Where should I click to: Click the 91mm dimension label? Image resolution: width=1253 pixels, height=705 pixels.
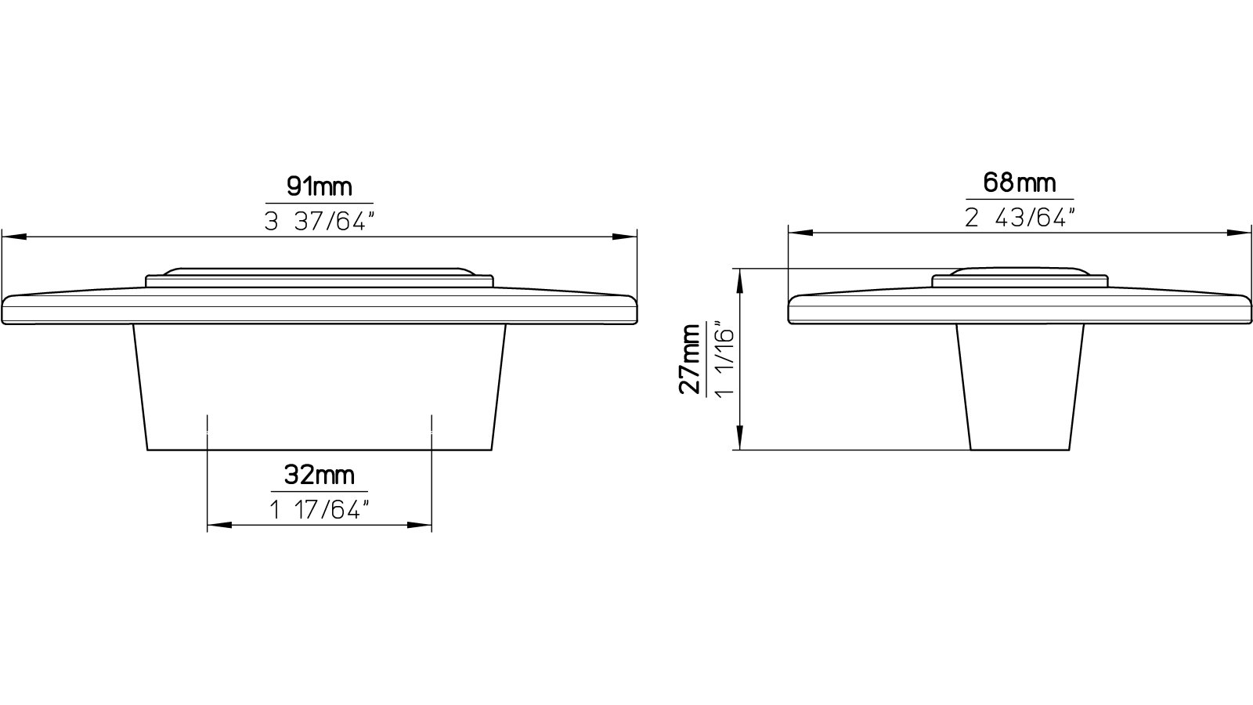click(320, 186)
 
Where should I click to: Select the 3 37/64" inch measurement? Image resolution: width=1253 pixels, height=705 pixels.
click(319, 222)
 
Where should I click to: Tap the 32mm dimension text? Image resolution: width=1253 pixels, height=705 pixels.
click(320, 475)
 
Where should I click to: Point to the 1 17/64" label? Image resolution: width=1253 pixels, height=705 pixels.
click(320, 510)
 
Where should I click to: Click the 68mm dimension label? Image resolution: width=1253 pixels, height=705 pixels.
click(1020, 183)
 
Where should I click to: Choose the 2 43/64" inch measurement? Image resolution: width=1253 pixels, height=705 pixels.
click(1020, 218)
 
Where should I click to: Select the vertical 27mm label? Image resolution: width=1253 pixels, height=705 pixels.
click(690, 360)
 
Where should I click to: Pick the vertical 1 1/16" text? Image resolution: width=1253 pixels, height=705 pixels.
click(724, 360)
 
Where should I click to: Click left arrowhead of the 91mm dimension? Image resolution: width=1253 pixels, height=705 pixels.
click(14, 237)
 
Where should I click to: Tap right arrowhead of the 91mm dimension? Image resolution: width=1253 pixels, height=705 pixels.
click(625, 237)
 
